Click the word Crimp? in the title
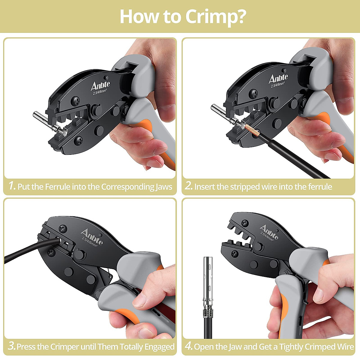coord(216,17)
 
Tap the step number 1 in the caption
coord(12,186)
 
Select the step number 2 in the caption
coord(189,186)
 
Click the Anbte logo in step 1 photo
coord(100,86)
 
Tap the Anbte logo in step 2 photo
coord(278,79)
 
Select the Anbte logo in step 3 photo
coord(92,236)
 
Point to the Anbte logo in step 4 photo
coord(269,232)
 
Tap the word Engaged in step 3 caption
coord(159,347)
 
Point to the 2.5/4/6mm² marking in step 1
coord(101,93)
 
